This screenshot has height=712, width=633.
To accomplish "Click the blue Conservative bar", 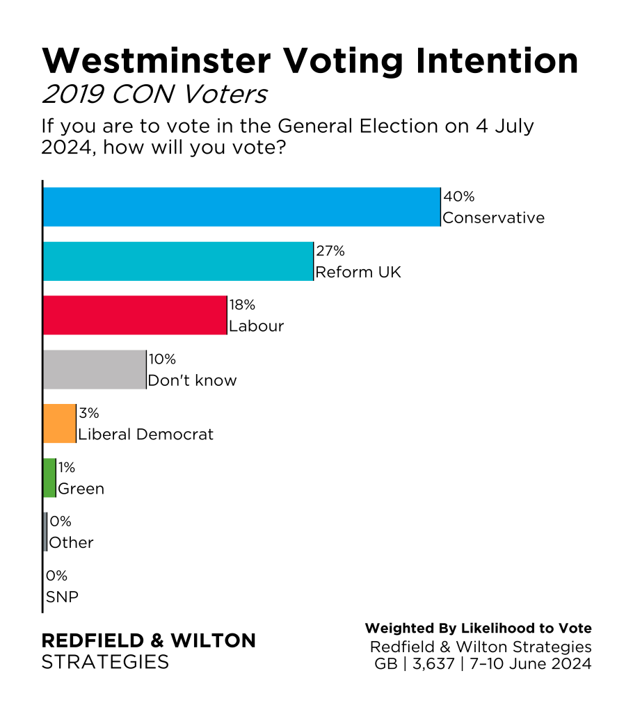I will (x=241, y=207).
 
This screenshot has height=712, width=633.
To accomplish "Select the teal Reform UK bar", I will (x=177, y=261).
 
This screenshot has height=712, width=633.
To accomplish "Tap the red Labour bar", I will (x=134, y=315).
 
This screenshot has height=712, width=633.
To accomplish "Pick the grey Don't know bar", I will (x=94, y=369).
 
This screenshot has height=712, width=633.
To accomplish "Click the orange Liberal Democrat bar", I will (x=58, y=423).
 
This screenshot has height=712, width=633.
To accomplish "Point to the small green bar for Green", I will (x=49, y=478).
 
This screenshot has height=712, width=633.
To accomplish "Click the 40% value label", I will (x=458, y=197).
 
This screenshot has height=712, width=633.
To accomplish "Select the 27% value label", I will (x=330, y=252).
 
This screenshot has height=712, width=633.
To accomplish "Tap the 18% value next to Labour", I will (x=243, y=306).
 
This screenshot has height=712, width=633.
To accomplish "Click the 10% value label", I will (x=161, y=360).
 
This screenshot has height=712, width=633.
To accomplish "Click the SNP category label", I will (x=61, y=597).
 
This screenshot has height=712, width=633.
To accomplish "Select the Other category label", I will (x=71, y=543).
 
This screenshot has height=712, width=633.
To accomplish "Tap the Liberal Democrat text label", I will (x=146, y=435).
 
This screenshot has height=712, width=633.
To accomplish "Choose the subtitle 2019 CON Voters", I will (x=154, y=95).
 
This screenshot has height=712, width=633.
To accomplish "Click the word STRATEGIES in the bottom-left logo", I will (x=105, y=662).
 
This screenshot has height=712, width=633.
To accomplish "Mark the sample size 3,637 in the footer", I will (x=428, y=664).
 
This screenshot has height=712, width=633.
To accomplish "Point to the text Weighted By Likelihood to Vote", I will (x=479, y=629).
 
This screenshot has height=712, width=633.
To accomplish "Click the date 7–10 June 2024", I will (x=531, y=664).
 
